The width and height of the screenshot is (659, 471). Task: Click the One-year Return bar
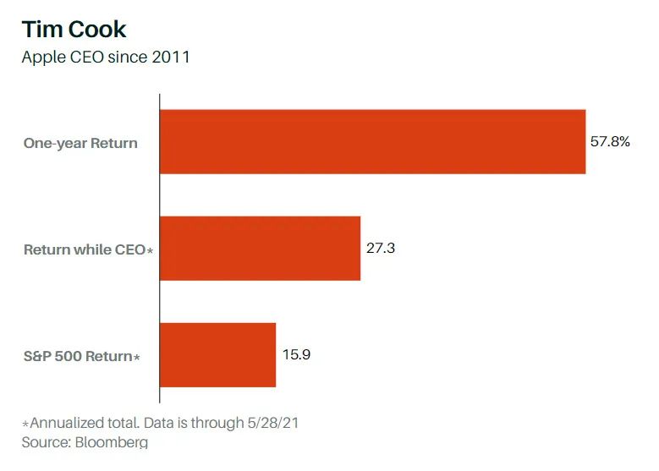372,142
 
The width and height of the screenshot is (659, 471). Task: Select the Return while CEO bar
260,249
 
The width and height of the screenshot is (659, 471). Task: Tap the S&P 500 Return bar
217,355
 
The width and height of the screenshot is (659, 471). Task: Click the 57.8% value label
609,142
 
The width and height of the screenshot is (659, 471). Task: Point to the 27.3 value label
382,249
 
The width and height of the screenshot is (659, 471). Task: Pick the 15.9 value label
296,355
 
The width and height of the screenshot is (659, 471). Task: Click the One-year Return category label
80,143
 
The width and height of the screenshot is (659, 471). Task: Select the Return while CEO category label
84,249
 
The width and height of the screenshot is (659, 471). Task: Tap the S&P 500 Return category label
77,356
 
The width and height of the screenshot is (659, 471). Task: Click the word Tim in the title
40,30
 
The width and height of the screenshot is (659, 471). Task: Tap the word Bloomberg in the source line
110,442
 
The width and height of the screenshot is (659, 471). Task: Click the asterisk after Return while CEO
150,251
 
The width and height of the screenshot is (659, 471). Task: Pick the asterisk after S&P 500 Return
136,358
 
